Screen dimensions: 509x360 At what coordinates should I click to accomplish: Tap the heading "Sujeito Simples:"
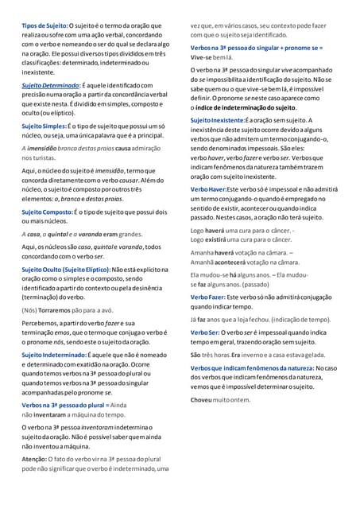(44, 126)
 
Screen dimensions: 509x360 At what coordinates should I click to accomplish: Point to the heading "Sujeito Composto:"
(47, 212)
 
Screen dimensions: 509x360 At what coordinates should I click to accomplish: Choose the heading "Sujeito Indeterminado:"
(53, 352)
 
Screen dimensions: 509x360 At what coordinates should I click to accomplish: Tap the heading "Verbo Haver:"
(208, 188)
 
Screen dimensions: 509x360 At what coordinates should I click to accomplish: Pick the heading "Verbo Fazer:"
(209, 296)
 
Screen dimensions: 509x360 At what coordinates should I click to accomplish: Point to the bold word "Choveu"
(202, 398)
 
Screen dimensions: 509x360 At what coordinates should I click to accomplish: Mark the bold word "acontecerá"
(234, 261)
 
